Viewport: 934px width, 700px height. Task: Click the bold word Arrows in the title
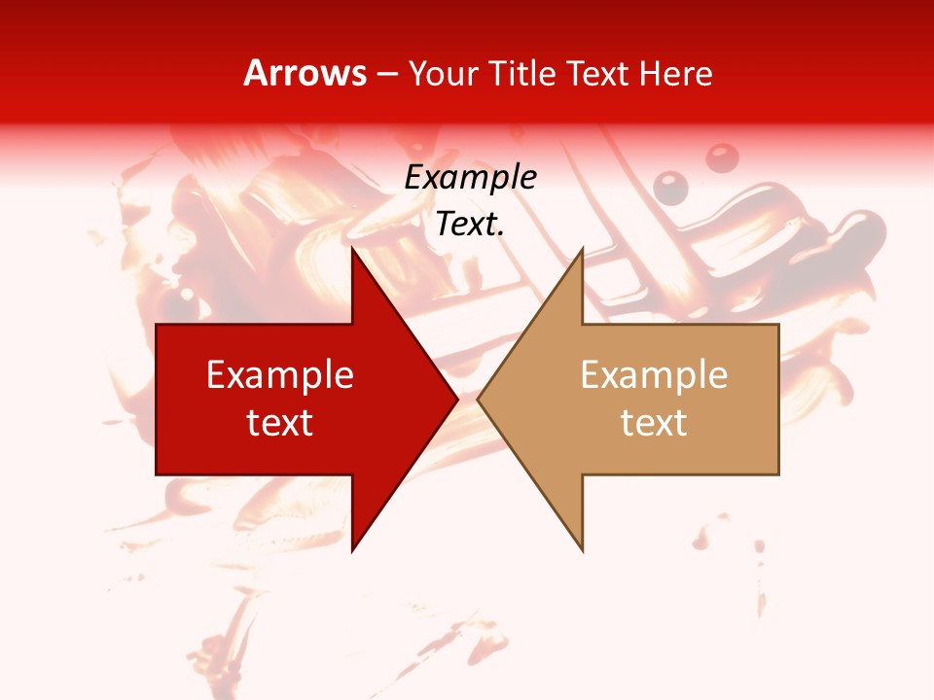tap(305, 74)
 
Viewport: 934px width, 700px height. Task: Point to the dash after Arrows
tap(387, 75)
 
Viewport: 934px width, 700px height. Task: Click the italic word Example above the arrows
tap(470, 178)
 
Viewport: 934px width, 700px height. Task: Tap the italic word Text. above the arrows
tap(470, 224)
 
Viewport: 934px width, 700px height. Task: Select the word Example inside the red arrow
tap(280, 375)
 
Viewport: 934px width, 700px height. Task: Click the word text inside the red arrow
tap(280, 422)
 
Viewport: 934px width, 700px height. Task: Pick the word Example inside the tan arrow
tap(654, 375)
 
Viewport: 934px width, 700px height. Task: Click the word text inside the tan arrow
tap(654, 422)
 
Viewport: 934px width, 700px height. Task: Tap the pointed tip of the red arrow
tap(454, 399)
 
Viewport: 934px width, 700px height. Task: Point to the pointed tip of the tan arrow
tap(480, 399)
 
